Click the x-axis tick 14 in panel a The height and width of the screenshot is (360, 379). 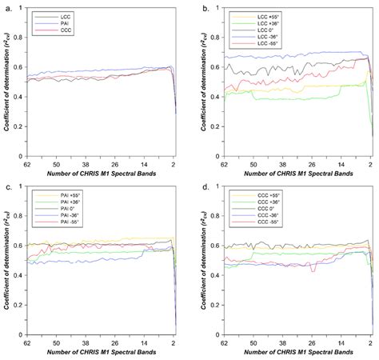point(146,163)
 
